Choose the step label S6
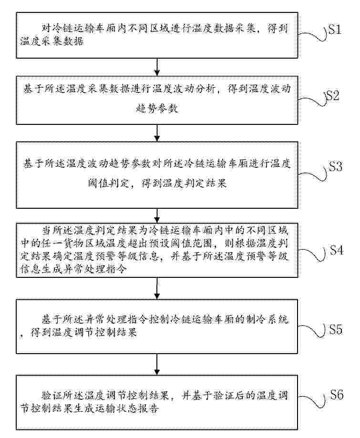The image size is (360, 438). (x=337, y=395)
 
